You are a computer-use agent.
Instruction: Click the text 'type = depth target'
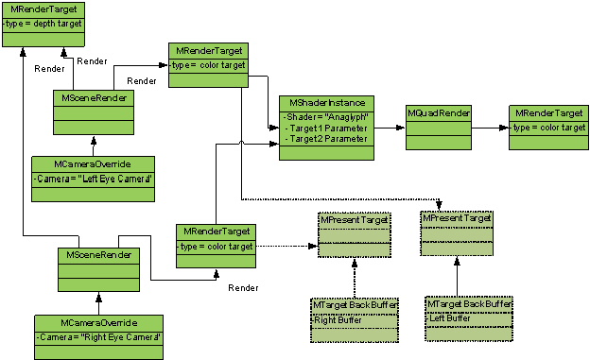point(43,22)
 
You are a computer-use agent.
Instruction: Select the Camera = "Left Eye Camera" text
point(81,178)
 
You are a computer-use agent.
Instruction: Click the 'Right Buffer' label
point(336,319)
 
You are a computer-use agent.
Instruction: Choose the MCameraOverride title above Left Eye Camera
point(79,163)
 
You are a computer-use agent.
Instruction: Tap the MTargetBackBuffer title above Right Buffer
point(350,305)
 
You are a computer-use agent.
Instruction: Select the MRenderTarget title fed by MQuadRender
point(547,112)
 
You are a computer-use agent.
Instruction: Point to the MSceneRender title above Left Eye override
point(92,98)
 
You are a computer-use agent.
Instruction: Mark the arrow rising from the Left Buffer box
point(459,274)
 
